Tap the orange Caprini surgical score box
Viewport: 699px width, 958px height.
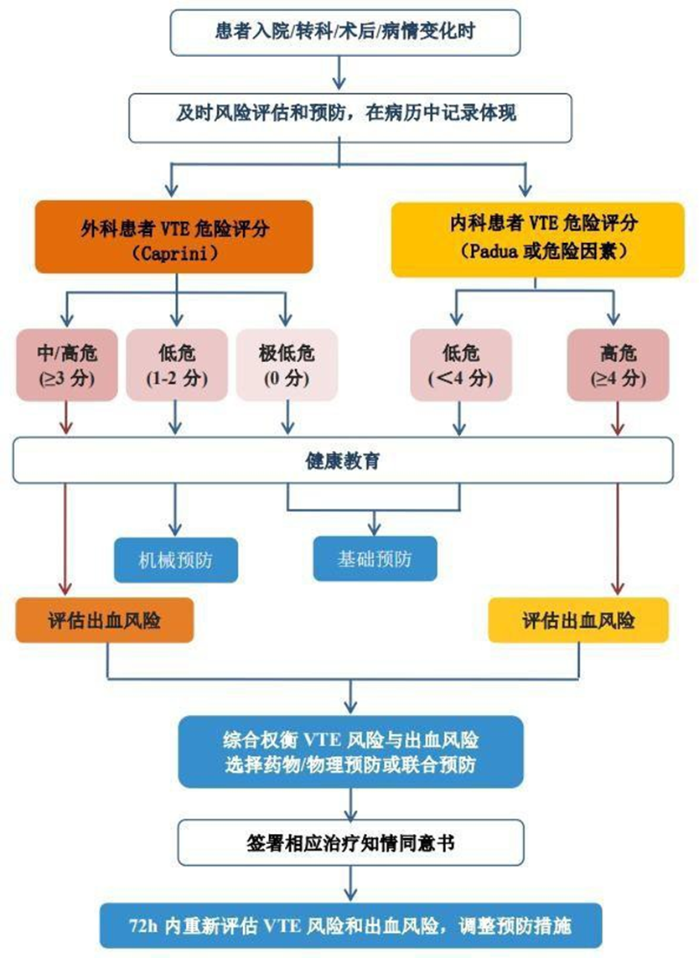(173, 238)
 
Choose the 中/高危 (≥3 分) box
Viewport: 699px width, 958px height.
(67, 364)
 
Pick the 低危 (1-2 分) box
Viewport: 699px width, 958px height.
(175, 364)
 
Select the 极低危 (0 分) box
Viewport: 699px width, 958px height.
(287, 364)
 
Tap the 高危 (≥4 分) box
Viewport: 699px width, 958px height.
(619, 364)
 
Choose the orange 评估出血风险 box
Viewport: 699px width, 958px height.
(106, 620)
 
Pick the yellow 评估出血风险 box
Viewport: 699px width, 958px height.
(578, 620)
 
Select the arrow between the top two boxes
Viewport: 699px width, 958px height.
(339, 74)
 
